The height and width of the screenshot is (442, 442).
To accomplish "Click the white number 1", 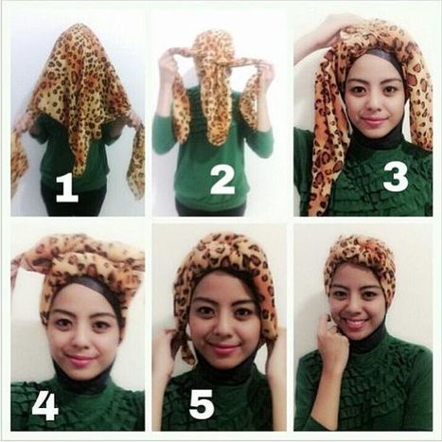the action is pos(66,188).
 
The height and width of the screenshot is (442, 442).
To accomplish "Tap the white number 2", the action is pos(222,180).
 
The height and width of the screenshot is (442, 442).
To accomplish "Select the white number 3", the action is pos(396,178).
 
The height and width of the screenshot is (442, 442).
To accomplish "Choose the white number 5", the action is pos(202,404).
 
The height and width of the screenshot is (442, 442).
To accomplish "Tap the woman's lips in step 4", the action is pos(78,360).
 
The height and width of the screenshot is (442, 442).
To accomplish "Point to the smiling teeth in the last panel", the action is pos(356,324).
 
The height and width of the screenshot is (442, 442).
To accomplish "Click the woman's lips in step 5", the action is pos(223,348).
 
